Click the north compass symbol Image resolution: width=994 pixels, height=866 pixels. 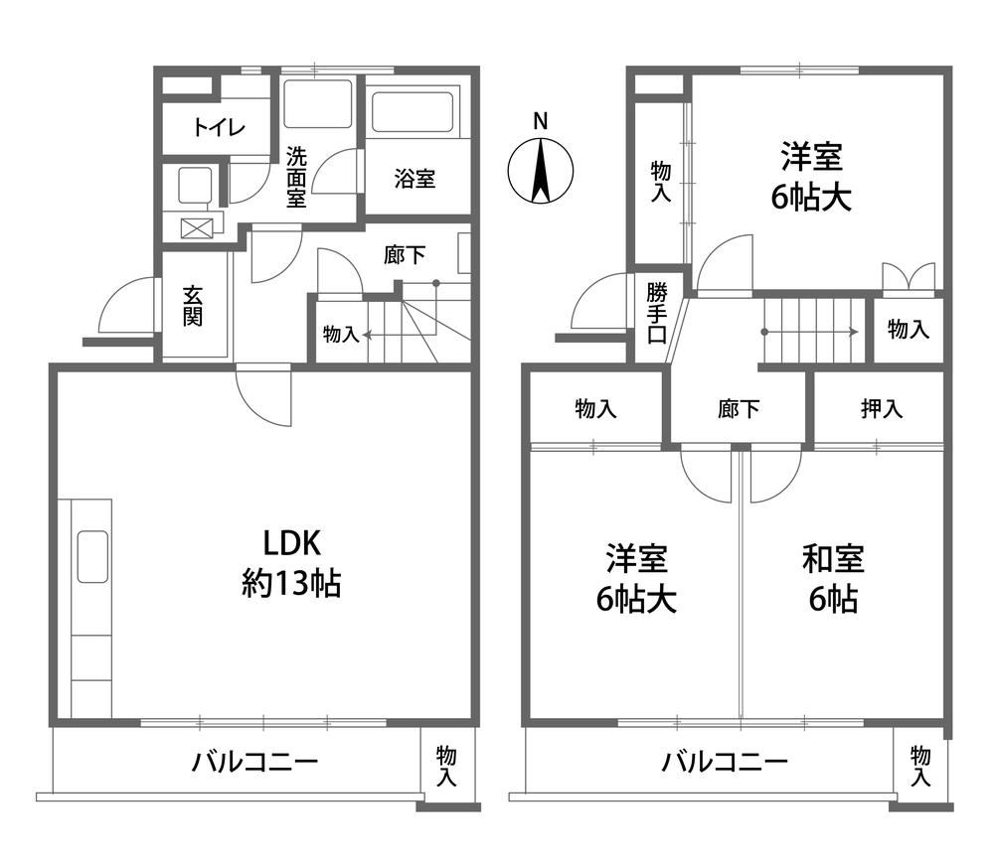pyautogui.click(x=540, y=171)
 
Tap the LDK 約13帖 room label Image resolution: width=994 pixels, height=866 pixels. pyautogui.click(x=291, y=563)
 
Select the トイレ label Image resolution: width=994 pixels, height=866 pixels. pyautogui.click(x=219, y=128)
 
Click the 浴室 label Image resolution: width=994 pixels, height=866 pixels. pyautogui.click(x=414, y=179)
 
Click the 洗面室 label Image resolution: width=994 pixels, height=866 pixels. pyautogui.click(x=296, y=178)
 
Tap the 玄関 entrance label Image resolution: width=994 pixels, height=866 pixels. pyautogui.click(x=193, y=306)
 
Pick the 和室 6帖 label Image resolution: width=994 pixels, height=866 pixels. pyautogui.click(x=833, y=578)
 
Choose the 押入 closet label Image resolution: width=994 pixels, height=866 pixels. pyautogui.click(x=882, y=408)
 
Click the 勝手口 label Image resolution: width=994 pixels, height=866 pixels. pyautogui.click(x=657, y=314)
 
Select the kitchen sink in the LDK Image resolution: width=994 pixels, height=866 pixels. pyautogui.click(x=92, y=557)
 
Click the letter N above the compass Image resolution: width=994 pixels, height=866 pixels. pyautogui.click(x=540, y=121)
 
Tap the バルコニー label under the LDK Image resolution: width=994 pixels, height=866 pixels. pyautogui.click(x=254, y=761)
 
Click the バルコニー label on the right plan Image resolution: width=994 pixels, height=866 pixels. pyautogui.click(x=725, y=761)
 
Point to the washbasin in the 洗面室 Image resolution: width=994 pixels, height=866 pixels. pyautogui.click(x=317, y=104)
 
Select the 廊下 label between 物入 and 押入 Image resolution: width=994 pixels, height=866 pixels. pyautogui.click(x=739, y=408)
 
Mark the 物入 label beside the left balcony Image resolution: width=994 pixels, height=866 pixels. pyautogui.click(x=446, y=766)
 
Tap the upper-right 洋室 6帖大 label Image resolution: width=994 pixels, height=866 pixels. pyautogui.click(x=811, y=177)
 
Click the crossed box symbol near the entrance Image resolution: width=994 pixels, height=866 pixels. pyautogui.click(x=194, y=228)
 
